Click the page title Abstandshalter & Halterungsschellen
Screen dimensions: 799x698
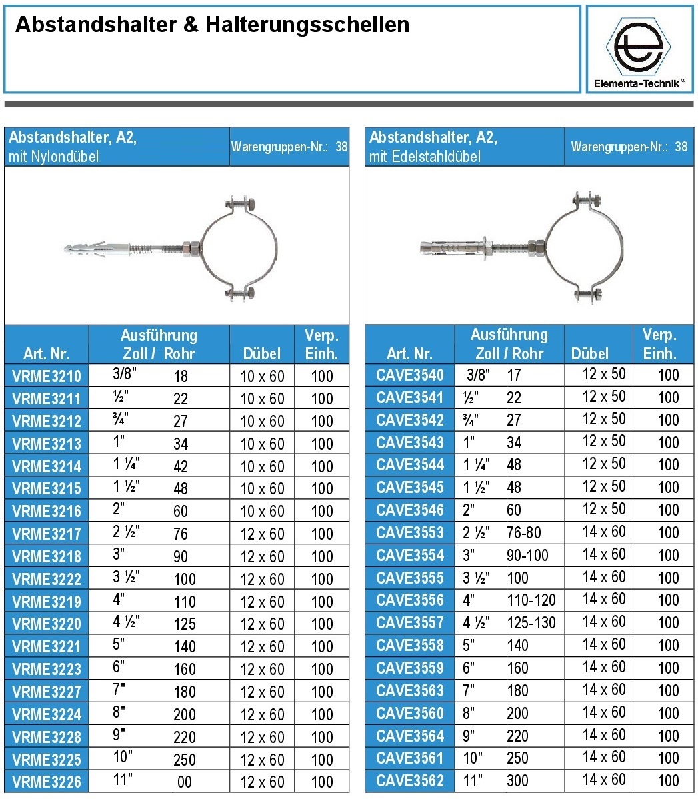tap(212, 25)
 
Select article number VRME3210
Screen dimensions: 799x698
tap(47, 376)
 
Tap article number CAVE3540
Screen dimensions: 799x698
tap(409, 375)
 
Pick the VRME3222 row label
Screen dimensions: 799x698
tap(47, 579)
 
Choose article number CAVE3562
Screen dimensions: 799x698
tap(409, 780)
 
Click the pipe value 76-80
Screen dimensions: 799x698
tap(524, 532)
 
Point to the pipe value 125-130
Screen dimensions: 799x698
tap(531, 623)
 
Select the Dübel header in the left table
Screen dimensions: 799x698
tap(262, 353)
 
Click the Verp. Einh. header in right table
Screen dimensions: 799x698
tap(659, 344)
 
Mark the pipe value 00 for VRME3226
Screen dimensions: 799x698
tap(185, 782)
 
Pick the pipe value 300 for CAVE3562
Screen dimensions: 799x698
tap(517, 780)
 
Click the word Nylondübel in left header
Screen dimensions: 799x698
tap(66, 157)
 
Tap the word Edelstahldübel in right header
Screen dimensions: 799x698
tap(433, 157)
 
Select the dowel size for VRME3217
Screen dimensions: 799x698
tap(262, 534)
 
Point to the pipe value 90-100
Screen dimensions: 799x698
tap(527, 555)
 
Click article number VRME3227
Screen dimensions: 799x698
tap(47, 692)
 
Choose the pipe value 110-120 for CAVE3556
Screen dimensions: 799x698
tap(531, 600)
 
